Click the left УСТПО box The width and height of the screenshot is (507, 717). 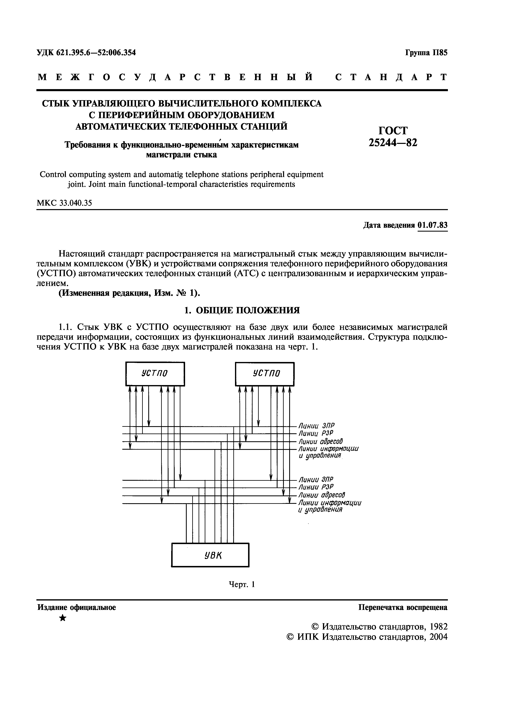tap(155, 374)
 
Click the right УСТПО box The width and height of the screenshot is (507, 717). tap(265, 374)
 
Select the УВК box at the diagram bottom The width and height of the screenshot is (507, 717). tap(210, 555)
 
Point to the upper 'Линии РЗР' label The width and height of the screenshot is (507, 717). tap(316, 434)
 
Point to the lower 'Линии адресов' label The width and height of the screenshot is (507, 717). tap(322, 495)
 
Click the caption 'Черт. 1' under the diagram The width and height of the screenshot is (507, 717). tap(242, 584)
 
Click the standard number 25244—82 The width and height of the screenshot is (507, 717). tap(393, 143)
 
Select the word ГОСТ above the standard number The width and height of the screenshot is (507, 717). tap(393, 130)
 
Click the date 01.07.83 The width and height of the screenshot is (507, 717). tap(432, 225)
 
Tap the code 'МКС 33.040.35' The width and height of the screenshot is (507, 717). tap(65, 203)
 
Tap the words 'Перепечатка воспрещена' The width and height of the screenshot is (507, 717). tap(403, 607)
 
